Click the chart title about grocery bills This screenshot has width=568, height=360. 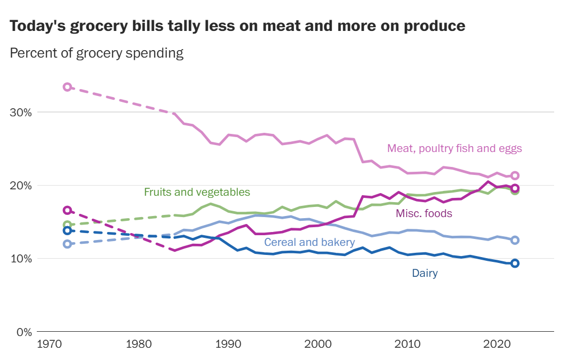coord(237,26)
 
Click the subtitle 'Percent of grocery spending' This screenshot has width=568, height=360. coord(97,53)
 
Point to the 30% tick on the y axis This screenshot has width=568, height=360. coord(21,113)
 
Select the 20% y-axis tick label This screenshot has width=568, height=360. coord(21,186)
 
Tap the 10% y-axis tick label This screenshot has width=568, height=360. coord(21,259)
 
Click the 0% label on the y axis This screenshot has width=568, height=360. coord(24,332)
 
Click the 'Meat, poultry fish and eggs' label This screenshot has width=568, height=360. coord(454,148)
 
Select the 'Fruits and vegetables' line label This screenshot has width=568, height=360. coord(197,192)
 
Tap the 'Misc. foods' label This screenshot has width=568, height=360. coord(423,214)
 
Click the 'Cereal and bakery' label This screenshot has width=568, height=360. coord(309,243)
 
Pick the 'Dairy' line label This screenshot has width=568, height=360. coord(425,274)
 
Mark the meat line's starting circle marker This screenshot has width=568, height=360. coord(67,87)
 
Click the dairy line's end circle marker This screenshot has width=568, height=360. coord(515,263)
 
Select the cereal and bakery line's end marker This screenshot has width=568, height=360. coord(515,240)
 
